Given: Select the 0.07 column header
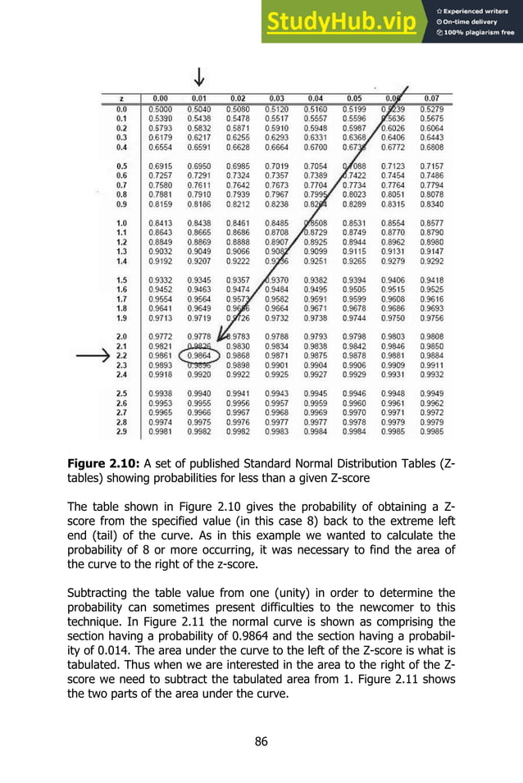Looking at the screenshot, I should [431, 98].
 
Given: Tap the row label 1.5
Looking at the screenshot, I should [121, 280].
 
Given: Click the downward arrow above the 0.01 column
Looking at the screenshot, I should [198, 77].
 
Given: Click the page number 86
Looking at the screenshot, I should [261, 742].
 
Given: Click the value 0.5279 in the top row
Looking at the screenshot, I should [431, 108].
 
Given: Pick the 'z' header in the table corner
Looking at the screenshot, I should [121, 98].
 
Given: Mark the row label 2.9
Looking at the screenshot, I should [121, 431].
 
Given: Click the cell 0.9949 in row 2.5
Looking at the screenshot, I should [431, 394].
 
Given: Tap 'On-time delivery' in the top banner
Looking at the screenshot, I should [474, 22].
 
